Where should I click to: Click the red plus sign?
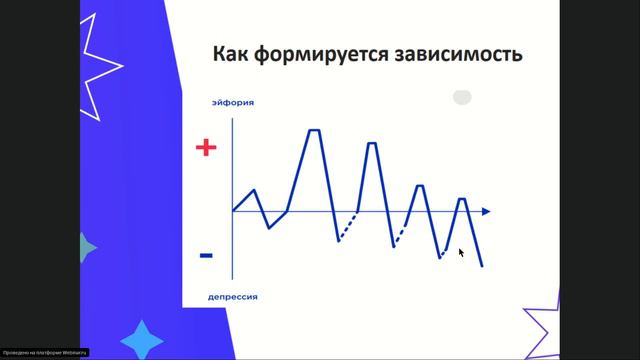206,148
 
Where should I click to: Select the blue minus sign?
206,256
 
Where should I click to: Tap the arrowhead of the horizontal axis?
485,211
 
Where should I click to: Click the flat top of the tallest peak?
314,131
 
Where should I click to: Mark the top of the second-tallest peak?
372,143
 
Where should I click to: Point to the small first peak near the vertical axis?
255,189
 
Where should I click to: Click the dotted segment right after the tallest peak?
348,226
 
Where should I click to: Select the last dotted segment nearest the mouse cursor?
447,251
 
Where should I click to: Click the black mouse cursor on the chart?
461,252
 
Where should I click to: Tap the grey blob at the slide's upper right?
462,97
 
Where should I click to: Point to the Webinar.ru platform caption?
45,352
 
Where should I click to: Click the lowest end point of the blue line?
482,266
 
